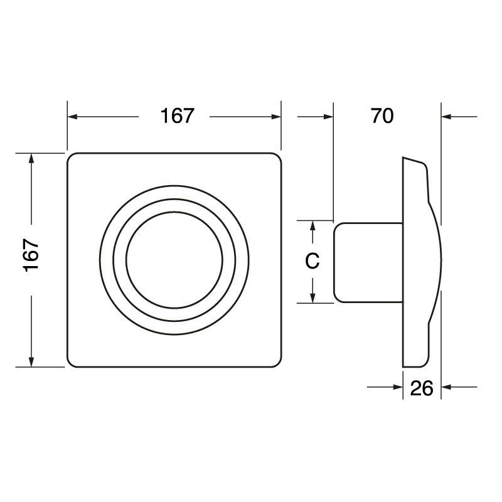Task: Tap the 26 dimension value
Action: [x=422, y=388]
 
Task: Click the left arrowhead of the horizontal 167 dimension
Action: [x=72, y=117]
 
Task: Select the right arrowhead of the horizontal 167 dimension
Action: [x=276, y=117]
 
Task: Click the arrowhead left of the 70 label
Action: [x=328, y=117]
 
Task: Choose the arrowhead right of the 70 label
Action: [x=446, y=117]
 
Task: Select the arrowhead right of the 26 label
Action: [x=446, y=388]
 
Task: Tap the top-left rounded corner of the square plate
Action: [x=72, y=157]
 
